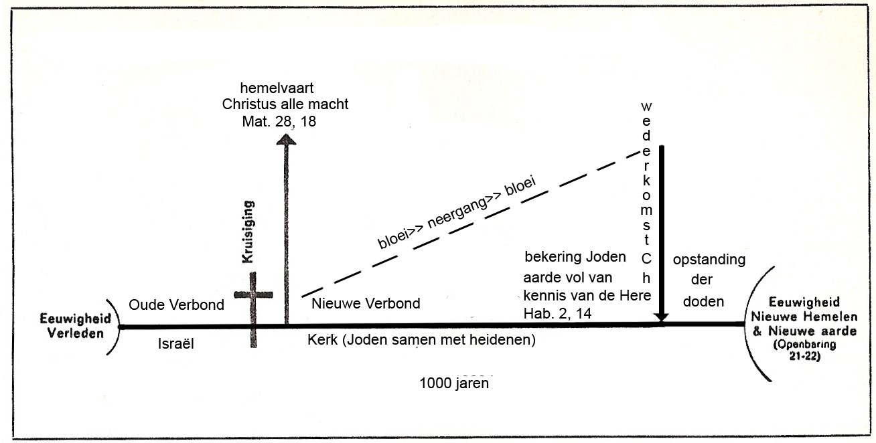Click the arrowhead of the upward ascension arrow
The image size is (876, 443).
(287, 139)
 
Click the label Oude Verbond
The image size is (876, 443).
(175, 305)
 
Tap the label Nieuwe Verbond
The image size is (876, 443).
(366, 304)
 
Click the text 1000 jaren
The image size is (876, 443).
(453, 383)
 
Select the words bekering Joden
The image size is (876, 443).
(575, 257)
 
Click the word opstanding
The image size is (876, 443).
(709, 260)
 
